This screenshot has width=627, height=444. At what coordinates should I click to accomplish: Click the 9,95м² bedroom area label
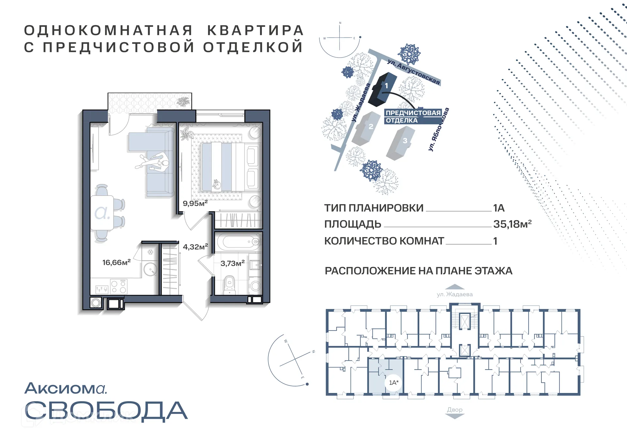pos(195,203)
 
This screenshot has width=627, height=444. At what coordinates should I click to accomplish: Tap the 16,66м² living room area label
pos(116,262)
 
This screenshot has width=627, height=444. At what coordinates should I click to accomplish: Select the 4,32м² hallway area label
pos(195,247)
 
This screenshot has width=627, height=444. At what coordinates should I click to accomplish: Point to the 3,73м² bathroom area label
pos(232,263)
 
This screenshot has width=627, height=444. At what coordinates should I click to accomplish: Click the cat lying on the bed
pos(216,185)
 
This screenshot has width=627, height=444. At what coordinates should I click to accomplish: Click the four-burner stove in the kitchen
pos(119,286)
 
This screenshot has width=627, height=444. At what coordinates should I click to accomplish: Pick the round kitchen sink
pos(150,270)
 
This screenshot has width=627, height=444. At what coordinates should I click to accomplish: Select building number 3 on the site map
pos(401,143)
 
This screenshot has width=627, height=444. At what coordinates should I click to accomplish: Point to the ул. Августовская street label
pos(414,72)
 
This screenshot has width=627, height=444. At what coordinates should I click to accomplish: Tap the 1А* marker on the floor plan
pos(394,382)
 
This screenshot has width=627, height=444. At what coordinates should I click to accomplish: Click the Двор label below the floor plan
pos(455,410)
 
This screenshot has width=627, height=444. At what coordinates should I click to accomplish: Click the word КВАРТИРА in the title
pos(255,30)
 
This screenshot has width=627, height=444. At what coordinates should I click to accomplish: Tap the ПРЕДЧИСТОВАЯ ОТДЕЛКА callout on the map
pos(413,116)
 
